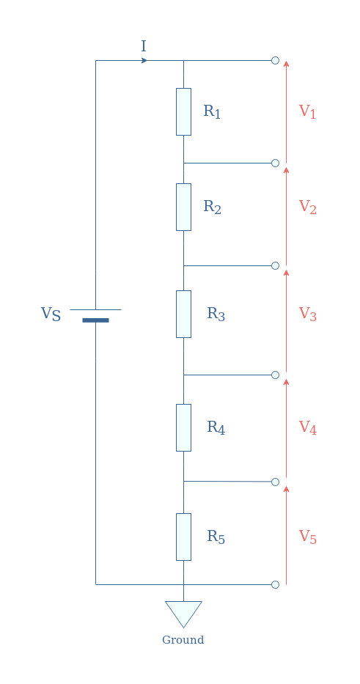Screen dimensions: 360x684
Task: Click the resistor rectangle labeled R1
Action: [x=183, y=111]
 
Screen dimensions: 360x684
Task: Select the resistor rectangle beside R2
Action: [x=183, y=207]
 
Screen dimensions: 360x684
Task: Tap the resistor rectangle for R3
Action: [x=183, y=314]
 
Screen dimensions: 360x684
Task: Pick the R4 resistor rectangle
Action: [x=183, y=427]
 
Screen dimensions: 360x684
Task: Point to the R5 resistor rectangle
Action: [x=183, y=537]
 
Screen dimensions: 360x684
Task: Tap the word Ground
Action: [x=183, y=640]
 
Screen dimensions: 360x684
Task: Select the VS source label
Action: [x=51, y=314]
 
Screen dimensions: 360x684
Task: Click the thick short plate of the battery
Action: [x=95, y=320]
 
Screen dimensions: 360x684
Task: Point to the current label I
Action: [x=144, y=46]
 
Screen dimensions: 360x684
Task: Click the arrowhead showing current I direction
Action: [x=144, y=60]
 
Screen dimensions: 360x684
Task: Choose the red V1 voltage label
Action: [x=307, y=111]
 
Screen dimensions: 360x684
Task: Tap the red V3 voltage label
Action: [x=308, y=314]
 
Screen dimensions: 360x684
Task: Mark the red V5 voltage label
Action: [x=308, y=537]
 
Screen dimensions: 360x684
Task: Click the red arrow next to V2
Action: [x=286, y=216]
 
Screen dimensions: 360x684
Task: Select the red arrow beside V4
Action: [x=286, y=428]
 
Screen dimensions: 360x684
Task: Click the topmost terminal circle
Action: [x=276, y=60]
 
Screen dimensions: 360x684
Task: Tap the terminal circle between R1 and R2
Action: [x=276, y=163]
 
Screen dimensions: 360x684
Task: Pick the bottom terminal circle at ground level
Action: [x=276, y=584]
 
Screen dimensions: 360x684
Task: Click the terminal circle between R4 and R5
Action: [x=276, y=482]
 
